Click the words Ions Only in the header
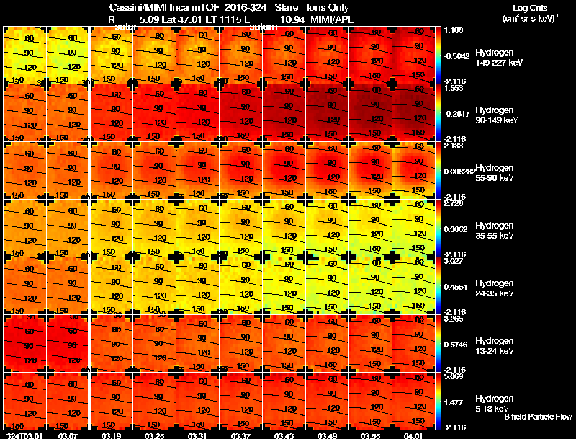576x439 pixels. click(x=329, y=8)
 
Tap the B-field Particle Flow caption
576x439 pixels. click(x=538, y=417)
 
